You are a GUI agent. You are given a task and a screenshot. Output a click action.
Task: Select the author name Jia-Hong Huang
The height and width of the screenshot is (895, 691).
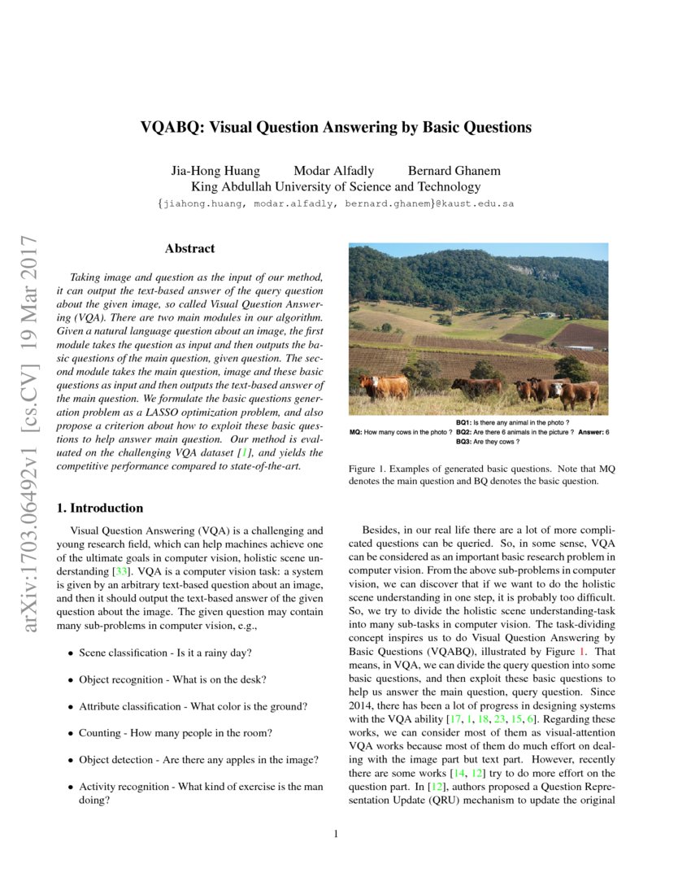pos(215,171)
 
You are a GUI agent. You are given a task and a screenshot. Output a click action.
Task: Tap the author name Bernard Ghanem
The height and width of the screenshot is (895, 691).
pos(454,171)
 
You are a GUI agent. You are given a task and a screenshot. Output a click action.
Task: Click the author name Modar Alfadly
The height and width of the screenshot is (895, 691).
pos(333,171)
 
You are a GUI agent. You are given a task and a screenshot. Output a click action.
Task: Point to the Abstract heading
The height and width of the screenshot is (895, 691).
pos(189,249)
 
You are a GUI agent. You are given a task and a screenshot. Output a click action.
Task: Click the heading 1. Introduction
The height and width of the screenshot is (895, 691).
pos(99,509)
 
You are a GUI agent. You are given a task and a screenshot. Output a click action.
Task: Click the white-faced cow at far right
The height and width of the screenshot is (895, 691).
pos(576,394)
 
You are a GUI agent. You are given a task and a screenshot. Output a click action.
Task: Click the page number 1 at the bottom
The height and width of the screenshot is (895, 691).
pos(336,834)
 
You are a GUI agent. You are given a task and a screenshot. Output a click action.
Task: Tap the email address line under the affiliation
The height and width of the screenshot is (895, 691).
pos(336,203)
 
